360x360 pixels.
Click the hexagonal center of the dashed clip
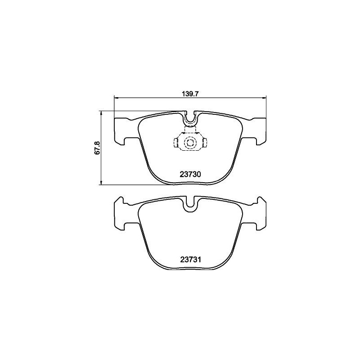pyautogui.click(x=190, y=144)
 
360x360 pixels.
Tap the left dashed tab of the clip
pyautogui.click(x=176, y=144)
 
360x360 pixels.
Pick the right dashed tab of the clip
pyautogui.click(x=204, y=144)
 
